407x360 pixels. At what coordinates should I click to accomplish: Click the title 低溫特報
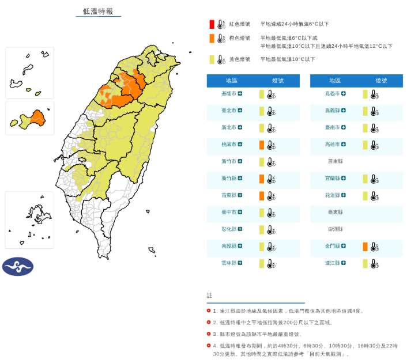pyautogui.click(x=98, y=11)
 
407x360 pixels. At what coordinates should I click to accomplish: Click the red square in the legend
pyautogui.click(x=212, y=24)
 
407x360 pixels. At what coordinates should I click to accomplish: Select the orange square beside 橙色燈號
pyautogui.click(x=212, y=39)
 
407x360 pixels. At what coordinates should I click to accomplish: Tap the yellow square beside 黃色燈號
pyautogui.click(x=212, y=59)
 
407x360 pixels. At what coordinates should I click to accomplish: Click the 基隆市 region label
pyautogui.click(x=229, y=93)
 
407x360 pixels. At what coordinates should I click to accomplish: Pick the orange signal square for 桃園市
pyautogui.click(x=261, y=145)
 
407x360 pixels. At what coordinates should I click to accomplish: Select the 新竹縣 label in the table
pyautogui.click(x=229, y=179)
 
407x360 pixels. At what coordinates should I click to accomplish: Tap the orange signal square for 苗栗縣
pyautogui.click(x=261, y=196)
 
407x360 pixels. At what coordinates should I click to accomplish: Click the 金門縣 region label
pyautogui.click(x=333, y=247)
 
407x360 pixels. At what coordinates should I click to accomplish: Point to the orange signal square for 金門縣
pyautogui.click(x=365, y=247)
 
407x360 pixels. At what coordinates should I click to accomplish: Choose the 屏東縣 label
pyautogui.click(x=335, y=161)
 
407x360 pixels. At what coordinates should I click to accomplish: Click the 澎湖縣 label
pyautogui.click(x=335, y=229)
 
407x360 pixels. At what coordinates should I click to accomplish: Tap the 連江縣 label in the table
pyautogui.click(x=333, y=263)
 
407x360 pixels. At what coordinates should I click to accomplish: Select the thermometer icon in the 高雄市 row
pyautogui.click(x=375, y=145)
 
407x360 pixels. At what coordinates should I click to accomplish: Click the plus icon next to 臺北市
pyautogui.click(x=240, y=111)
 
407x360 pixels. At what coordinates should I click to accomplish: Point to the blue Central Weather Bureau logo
pyautogui.click(x=18, y=266)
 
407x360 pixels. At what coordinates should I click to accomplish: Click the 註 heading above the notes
pyautogui.click(x=209, y=295)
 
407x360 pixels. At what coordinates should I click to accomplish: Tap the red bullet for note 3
pyautogui.click(x=209, y=334)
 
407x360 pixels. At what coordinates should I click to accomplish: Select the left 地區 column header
pyautogui.click(x=231, y=81)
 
